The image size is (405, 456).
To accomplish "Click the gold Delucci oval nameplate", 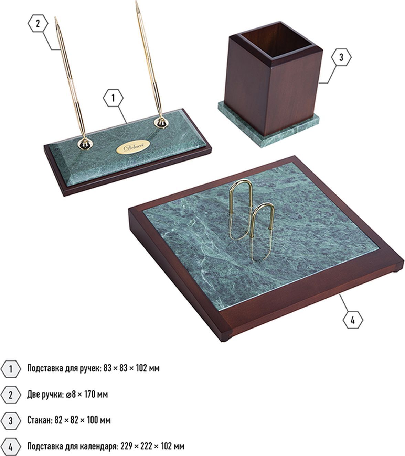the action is click(133, 147).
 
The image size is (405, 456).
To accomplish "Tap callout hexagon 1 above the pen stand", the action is click(113, 98).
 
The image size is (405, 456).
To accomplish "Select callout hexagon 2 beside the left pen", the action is click(38, 23).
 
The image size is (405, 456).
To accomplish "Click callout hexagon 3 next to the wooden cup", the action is click(341, 57).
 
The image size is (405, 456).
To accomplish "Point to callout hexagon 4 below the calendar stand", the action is click(353, 320).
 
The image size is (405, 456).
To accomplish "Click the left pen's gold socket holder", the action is click(85, 144).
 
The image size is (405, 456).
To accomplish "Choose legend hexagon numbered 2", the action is click(11, 395).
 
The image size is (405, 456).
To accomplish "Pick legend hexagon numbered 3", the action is click(11, 421).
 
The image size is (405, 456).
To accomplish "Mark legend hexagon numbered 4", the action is click(11, 447).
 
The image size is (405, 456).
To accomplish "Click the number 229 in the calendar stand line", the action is click(127, 446).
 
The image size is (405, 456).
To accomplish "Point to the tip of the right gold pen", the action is click(136, 1).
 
